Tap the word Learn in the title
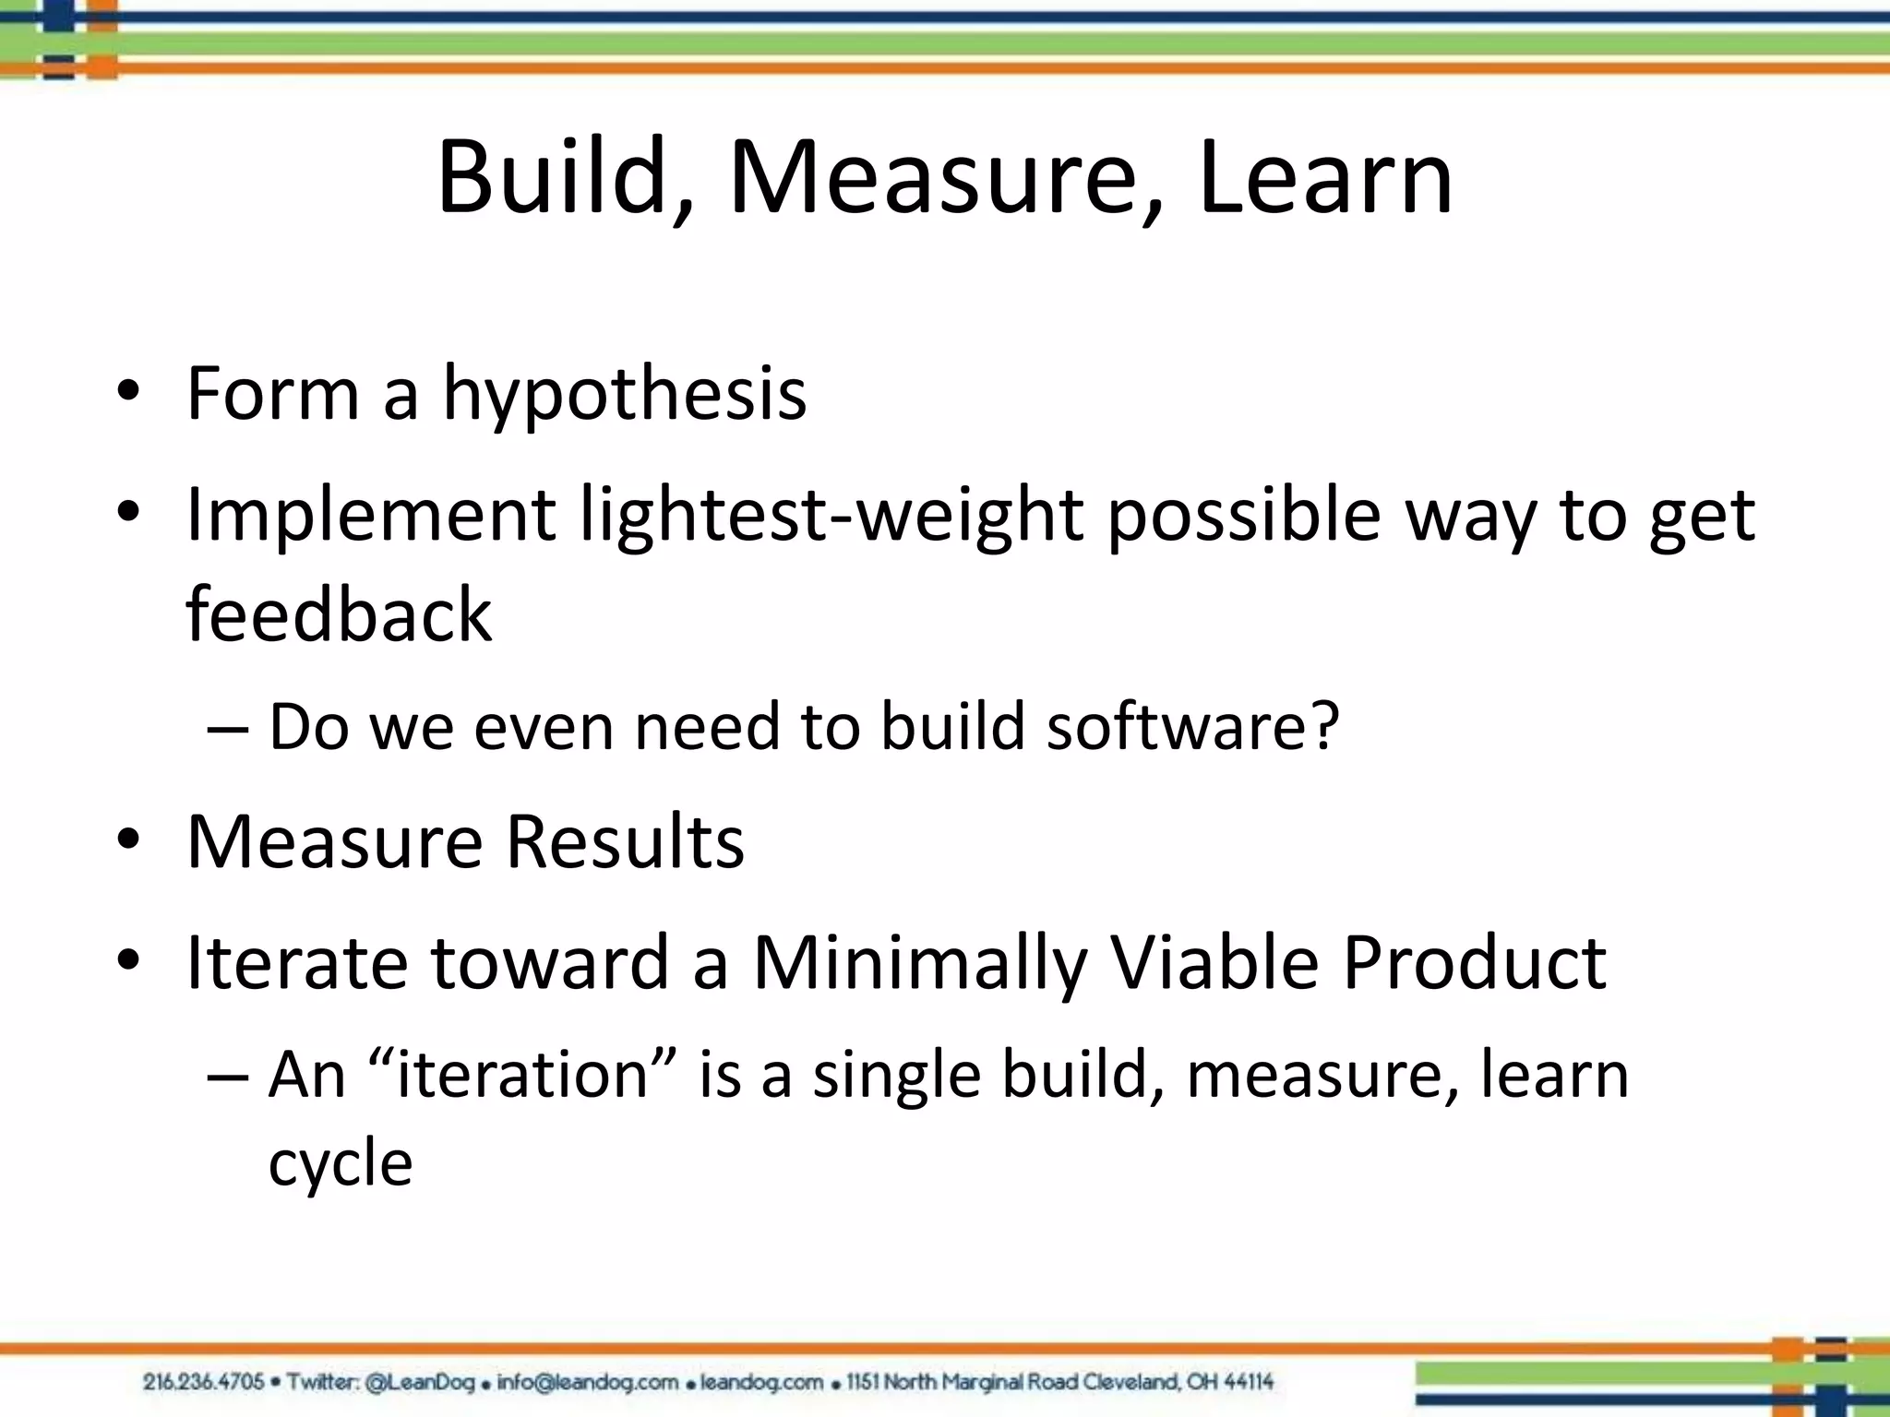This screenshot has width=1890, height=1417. click(x=1325, y=177)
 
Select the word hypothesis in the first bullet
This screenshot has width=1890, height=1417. click(x=625, y=395)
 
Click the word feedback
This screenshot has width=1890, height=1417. click(x=339, y=614)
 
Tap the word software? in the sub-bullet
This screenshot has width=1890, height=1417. click(x=1192, y=727)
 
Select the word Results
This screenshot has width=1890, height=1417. click(x=625, y=841)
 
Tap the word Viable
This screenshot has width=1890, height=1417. click(x=1214, y=962)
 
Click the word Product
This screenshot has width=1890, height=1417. click(x=1474, y=962)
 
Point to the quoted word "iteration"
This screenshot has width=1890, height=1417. click(x=523, y=1075)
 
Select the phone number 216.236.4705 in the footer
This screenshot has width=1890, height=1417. click(x=203, y=1382)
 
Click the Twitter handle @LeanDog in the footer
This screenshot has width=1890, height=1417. click(x=420, y=1382)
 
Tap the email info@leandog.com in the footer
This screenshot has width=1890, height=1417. click(x=588, y=1382)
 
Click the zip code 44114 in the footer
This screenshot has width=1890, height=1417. click(x=1249, y=1382)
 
